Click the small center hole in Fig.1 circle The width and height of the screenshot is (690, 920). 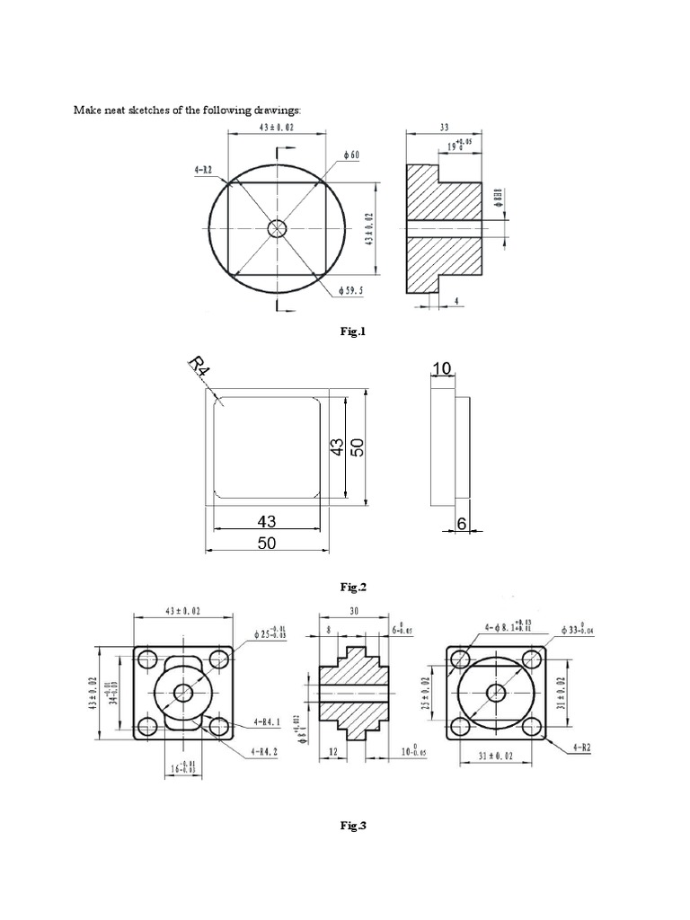277,228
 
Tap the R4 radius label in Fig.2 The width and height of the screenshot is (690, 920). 198,369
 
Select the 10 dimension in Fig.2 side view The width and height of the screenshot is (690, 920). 442,367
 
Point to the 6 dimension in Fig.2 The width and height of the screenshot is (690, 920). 462,524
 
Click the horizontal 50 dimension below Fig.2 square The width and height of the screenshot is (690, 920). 268,543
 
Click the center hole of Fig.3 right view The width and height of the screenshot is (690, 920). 495,692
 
